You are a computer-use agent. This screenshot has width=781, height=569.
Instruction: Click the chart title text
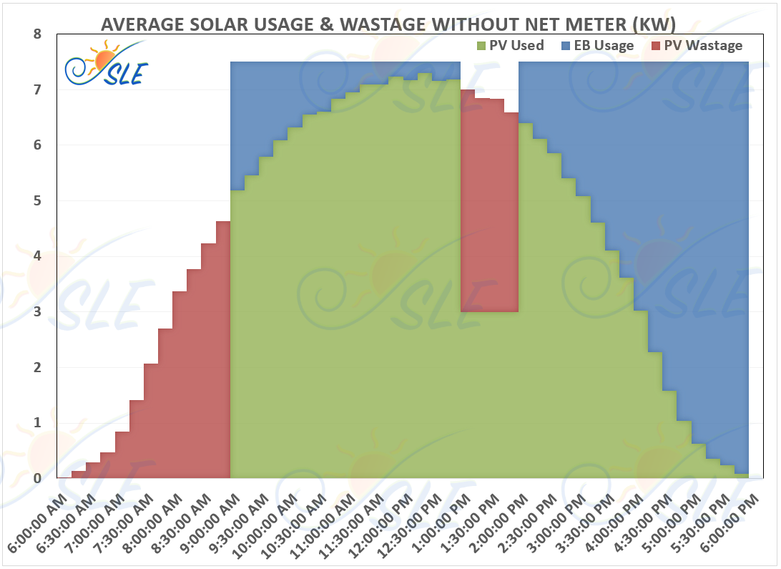pos(388,24)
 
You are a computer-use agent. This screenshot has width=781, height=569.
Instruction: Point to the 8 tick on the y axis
pos(38,34)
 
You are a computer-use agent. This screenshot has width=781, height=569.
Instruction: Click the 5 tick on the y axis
pos(38,201)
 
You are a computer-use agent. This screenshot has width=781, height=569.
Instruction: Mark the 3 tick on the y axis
pos(38,312)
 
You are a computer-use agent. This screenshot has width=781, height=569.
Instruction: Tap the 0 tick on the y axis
pos(38,478)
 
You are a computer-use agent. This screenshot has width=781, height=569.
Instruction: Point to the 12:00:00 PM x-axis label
pos(387,521)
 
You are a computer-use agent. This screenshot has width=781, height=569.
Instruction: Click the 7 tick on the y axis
pos(38,90)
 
